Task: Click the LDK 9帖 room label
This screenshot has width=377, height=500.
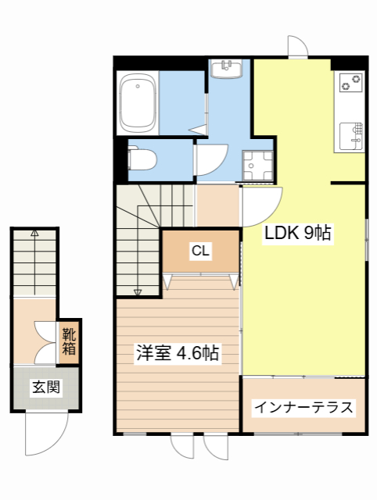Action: pos(298,232)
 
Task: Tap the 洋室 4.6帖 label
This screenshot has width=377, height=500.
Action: pos(178,353)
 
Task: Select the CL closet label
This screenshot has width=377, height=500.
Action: pos(200,251)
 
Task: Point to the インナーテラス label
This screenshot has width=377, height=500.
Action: pos(303,407)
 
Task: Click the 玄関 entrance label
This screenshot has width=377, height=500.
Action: pos(46,387)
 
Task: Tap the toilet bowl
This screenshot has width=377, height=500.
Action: pos(142,159)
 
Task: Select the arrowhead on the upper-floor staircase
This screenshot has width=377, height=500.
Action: pos(138,292)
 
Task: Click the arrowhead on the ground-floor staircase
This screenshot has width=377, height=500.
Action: pos(34,233)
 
